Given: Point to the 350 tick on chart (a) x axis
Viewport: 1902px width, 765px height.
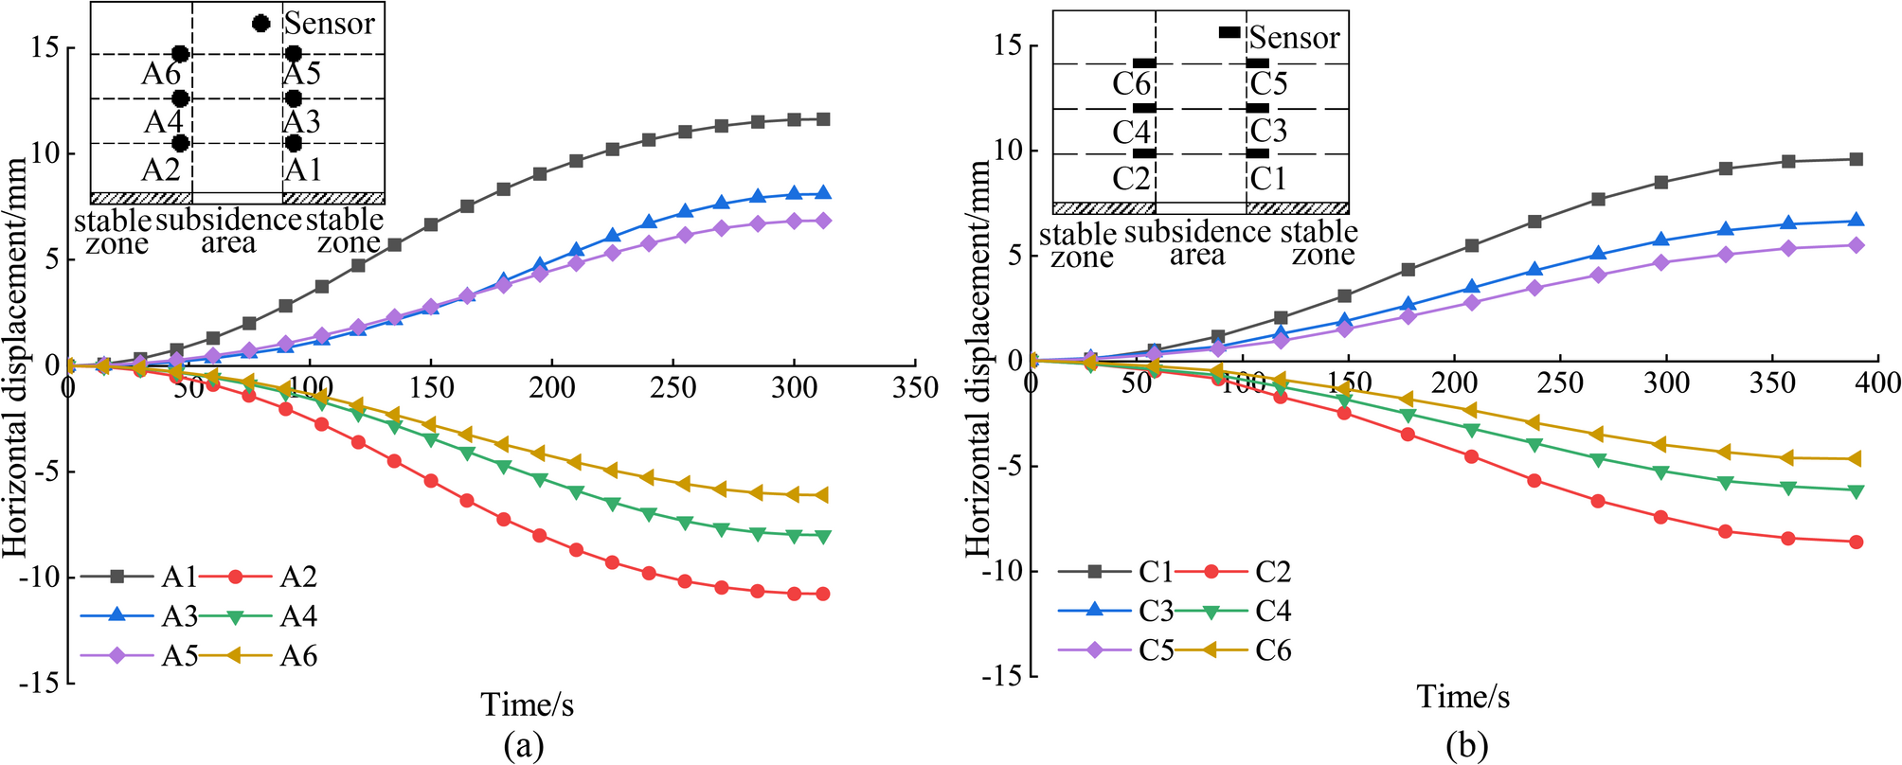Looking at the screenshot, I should [x=914, y=387].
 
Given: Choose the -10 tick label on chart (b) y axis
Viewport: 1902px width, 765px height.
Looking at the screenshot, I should [x=1005, y=571].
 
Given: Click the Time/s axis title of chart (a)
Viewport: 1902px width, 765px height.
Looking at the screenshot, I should [x=527, y=704].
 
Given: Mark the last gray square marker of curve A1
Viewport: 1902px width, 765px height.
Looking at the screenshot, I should [x=823, y=119].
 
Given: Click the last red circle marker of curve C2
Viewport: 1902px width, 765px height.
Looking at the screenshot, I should [x=1857, y=543].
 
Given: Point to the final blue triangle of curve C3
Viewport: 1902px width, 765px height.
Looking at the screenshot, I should [x=1857, y=221].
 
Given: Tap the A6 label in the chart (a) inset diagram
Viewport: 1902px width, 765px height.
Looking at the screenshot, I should [x=161, y=74].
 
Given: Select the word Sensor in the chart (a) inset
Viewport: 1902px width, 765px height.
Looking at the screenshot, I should [x=330, y=24].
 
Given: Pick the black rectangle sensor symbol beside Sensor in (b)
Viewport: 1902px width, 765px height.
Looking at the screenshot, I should [x=1229, y=32].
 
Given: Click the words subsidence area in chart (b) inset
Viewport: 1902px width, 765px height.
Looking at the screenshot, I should [x=1197, y=242].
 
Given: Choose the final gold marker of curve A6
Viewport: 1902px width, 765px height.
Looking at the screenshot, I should [x=822, y=495].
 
